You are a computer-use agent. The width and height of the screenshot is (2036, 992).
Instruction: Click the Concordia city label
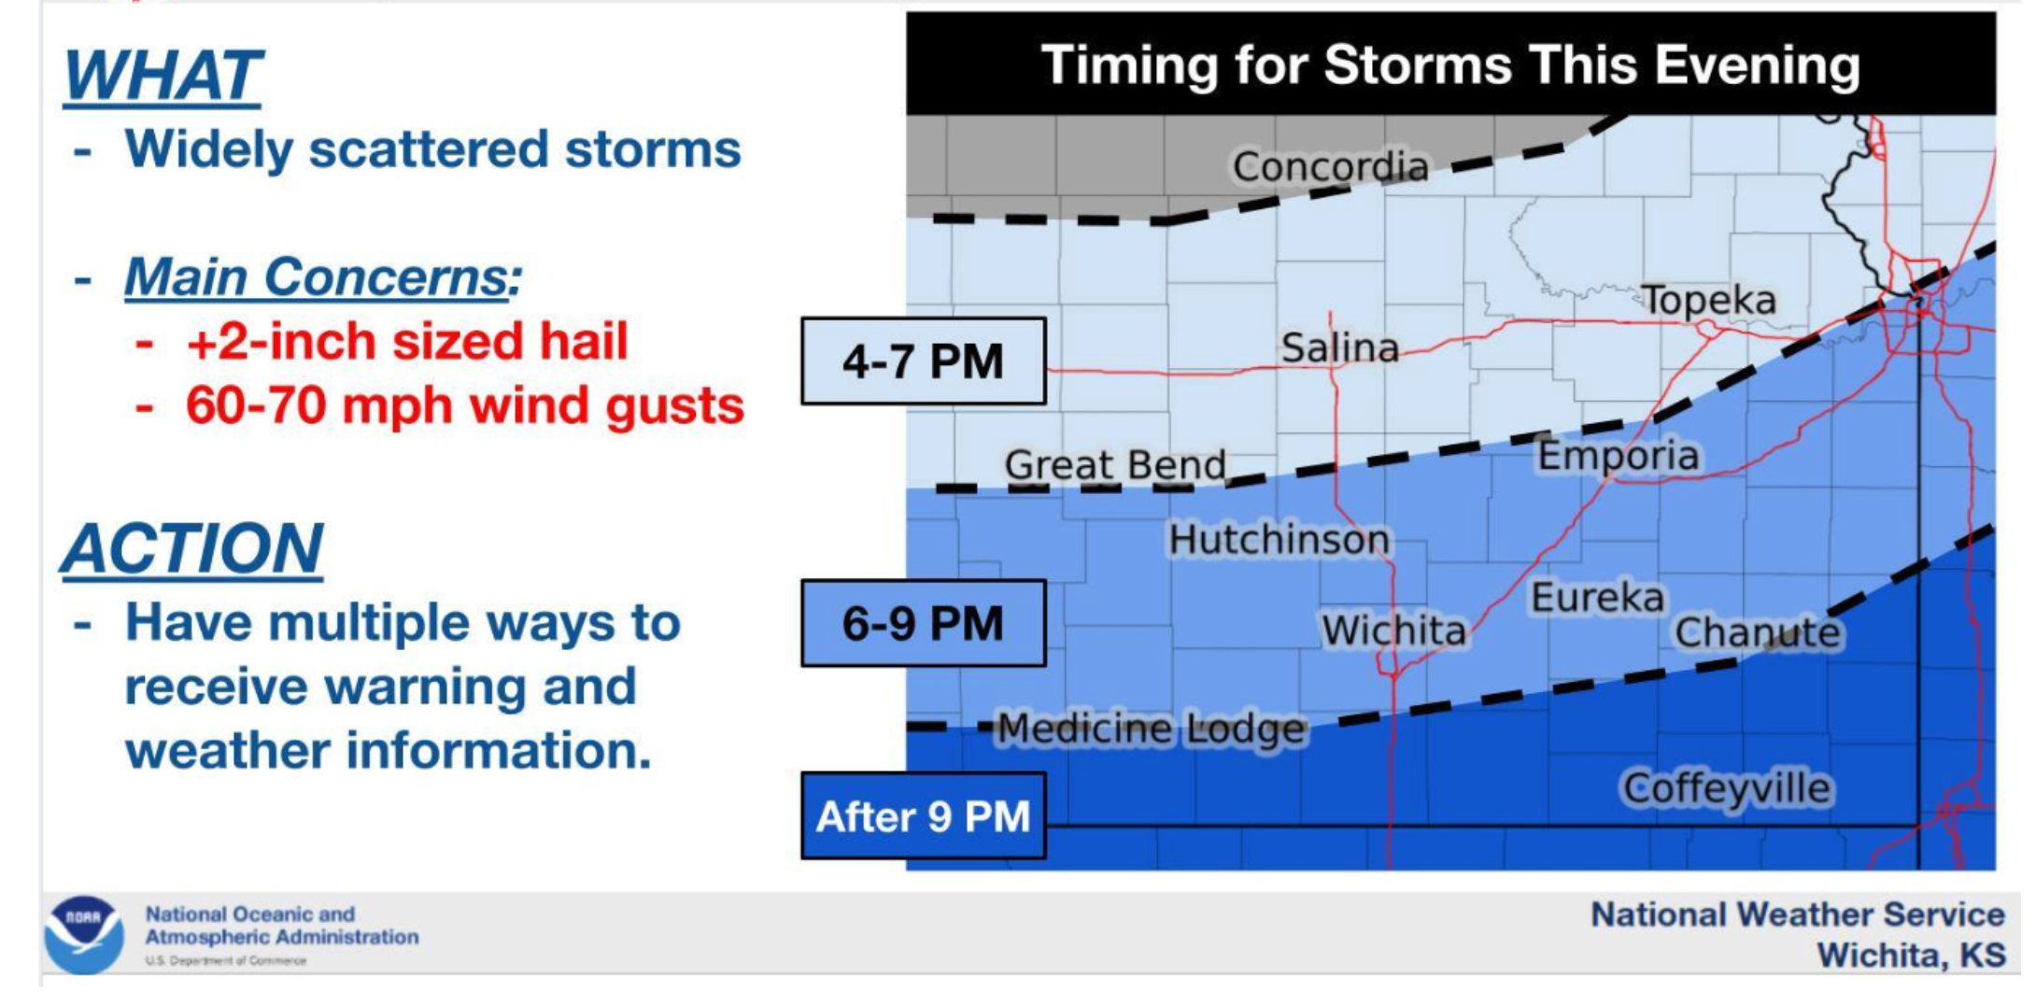(x=1330, y=167)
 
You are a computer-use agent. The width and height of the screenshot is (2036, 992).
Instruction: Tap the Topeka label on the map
(x=1708, y=300)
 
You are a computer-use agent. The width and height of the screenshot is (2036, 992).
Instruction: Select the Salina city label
(x=1339, y=348)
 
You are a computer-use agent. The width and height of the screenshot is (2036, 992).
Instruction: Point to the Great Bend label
(x=1115, y=464)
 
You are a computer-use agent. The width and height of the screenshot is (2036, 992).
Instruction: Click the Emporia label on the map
(x=1619, y=456)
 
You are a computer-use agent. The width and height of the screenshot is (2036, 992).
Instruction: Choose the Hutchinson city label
(x=1279, y=539)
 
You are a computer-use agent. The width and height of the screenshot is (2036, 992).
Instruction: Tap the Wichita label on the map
(x=1393, y=631)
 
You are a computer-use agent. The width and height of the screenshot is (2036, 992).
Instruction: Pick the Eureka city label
(x=1597, y=598)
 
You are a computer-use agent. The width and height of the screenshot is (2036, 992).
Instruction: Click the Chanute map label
(x=1757, y=633)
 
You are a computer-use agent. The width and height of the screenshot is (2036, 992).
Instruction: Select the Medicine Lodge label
(x=1152, y=729)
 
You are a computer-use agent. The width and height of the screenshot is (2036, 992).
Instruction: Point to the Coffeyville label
(x=1727, y=788)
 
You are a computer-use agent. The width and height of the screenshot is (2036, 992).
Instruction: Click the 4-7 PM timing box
(x=923, y=361)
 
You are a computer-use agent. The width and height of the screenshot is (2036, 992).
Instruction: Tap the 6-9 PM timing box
(x=923, y=624)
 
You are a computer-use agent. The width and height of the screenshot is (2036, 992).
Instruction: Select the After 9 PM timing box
(x=923, y=816)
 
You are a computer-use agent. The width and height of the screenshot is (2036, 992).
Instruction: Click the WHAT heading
(x=163, y=77)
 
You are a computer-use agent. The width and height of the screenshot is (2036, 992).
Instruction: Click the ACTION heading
(x=192, y=549)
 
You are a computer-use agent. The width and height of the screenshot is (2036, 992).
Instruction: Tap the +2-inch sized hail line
(x=406, y=342)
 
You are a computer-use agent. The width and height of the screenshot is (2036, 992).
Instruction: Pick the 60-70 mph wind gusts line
(x=464, y=406)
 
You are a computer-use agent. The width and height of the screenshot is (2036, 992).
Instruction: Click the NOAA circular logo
(x=83, y=934)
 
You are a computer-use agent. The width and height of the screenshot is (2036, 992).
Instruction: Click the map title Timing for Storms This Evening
(x=1449, y=65)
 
